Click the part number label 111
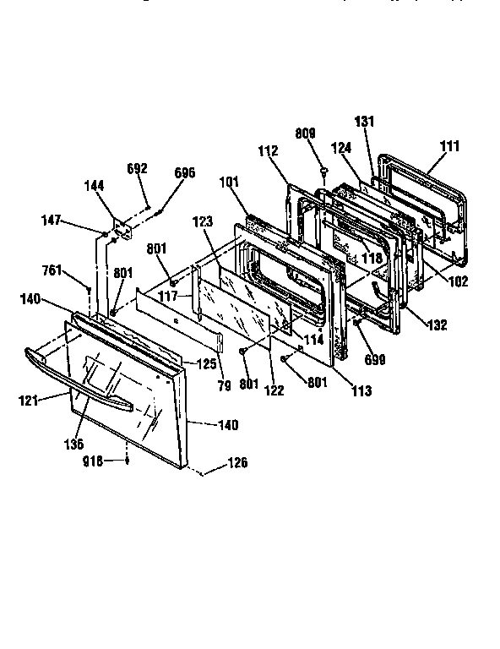(450, 146)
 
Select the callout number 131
(364, 121)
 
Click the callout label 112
(268, 152)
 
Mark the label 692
(138, 168)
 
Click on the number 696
(184, 172)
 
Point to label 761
(52, 270)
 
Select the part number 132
(437, 324)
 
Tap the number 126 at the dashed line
(239, 463)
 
